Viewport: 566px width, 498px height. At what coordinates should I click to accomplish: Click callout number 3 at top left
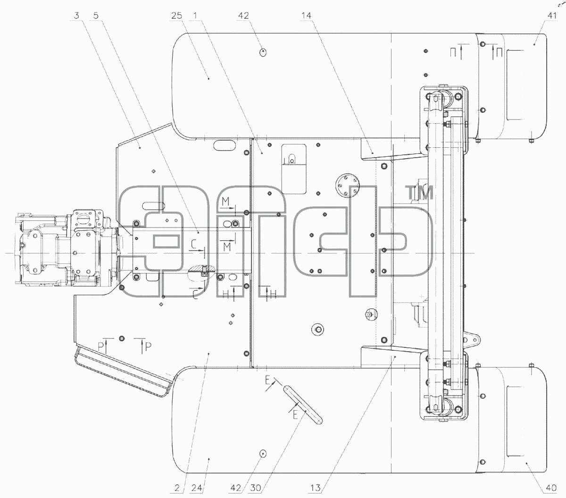[x=76, y=16]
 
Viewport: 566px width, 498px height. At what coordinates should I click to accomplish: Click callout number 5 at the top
[x=96, y=16]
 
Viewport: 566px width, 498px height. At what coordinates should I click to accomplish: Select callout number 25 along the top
[x=176, y=16]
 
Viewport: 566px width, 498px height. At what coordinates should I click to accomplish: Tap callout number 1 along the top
[x=195, y=16]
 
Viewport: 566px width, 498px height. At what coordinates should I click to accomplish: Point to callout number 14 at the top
[x=306, y=16]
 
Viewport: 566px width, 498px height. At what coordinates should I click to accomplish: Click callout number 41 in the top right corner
[x=551, y=16]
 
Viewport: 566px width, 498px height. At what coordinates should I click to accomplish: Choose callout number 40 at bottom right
[x=551, y=488]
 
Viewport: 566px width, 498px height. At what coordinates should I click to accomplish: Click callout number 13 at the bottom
[x=315, y=488]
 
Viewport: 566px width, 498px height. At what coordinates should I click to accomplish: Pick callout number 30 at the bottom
[x=255, y=488]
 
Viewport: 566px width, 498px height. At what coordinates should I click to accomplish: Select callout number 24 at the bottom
[x=197, y=488]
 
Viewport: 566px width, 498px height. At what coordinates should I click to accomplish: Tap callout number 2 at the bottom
[x=177, y=488]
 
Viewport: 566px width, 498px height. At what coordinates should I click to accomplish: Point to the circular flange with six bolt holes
[x=347, y=185]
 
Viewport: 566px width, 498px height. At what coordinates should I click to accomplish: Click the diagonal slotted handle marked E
[x=303, y=405]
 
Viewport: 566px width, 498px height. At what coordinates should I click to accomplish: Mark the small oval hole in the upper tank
[x=263, y=52]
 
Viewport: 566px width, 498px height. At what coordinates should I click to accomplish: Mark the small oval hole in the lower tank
[x=263, y=454]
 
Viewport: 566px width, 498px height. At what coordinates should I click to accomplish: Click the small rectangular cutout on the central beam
[x=166, y=241]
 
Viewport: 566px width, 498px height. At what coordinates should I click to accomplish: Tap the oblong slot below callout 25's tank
[x=225, y=145]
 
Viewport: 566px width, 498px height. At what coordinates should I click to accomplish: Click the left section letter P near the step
[x=101, y=347]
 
